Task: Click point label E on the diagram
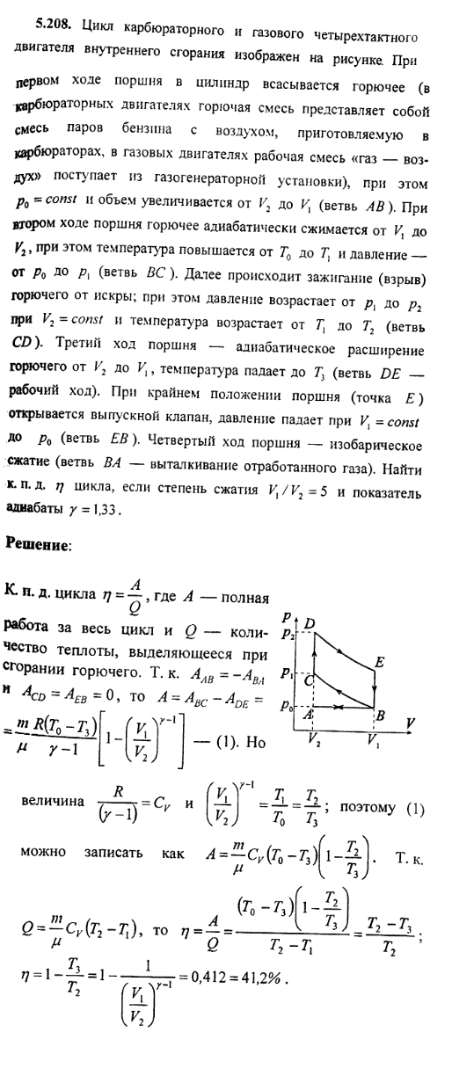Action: coord(379,659)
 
